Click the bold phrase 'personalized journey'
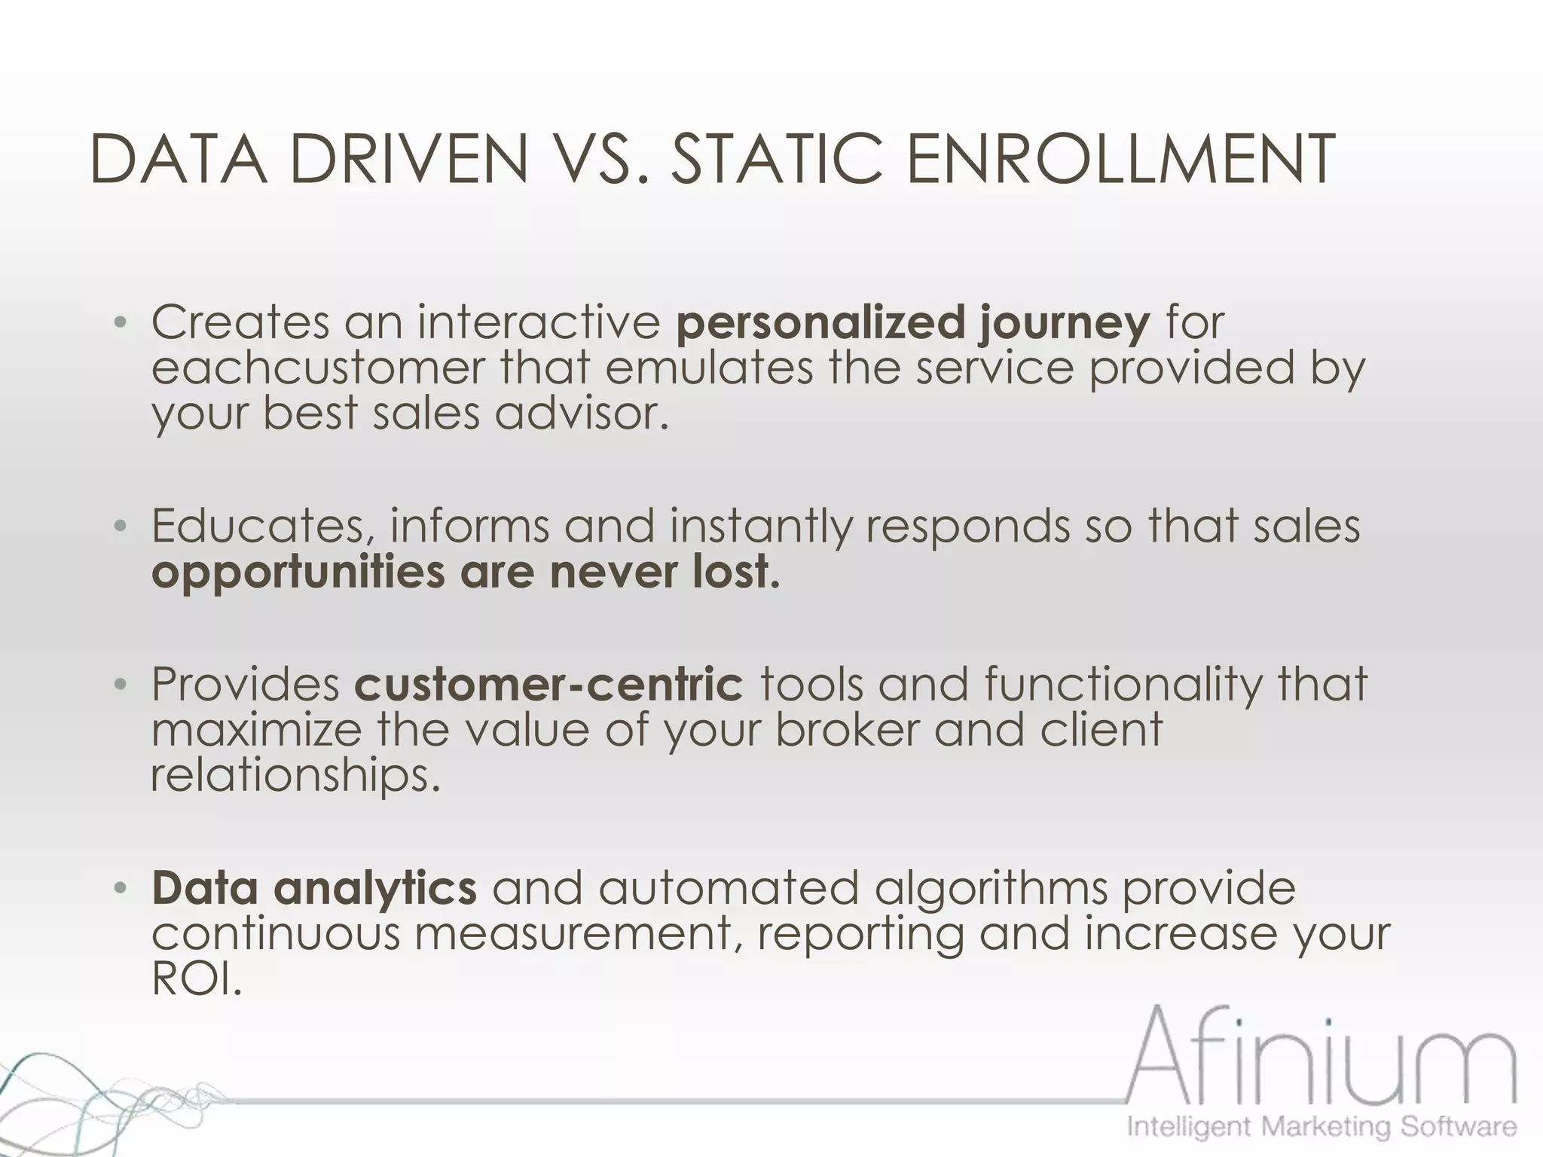pyautogui.click(x=913, y=323)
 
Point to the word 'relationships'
pyautogui.click(x=295, y=775)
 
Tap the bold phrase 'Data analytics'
pyautogui.click(x=314, y=888)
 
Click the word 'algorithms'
pyautogui.click(x=990, y=888)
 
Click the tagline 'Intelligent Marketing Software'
pyautogui.click(x=1321, y=1127)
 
